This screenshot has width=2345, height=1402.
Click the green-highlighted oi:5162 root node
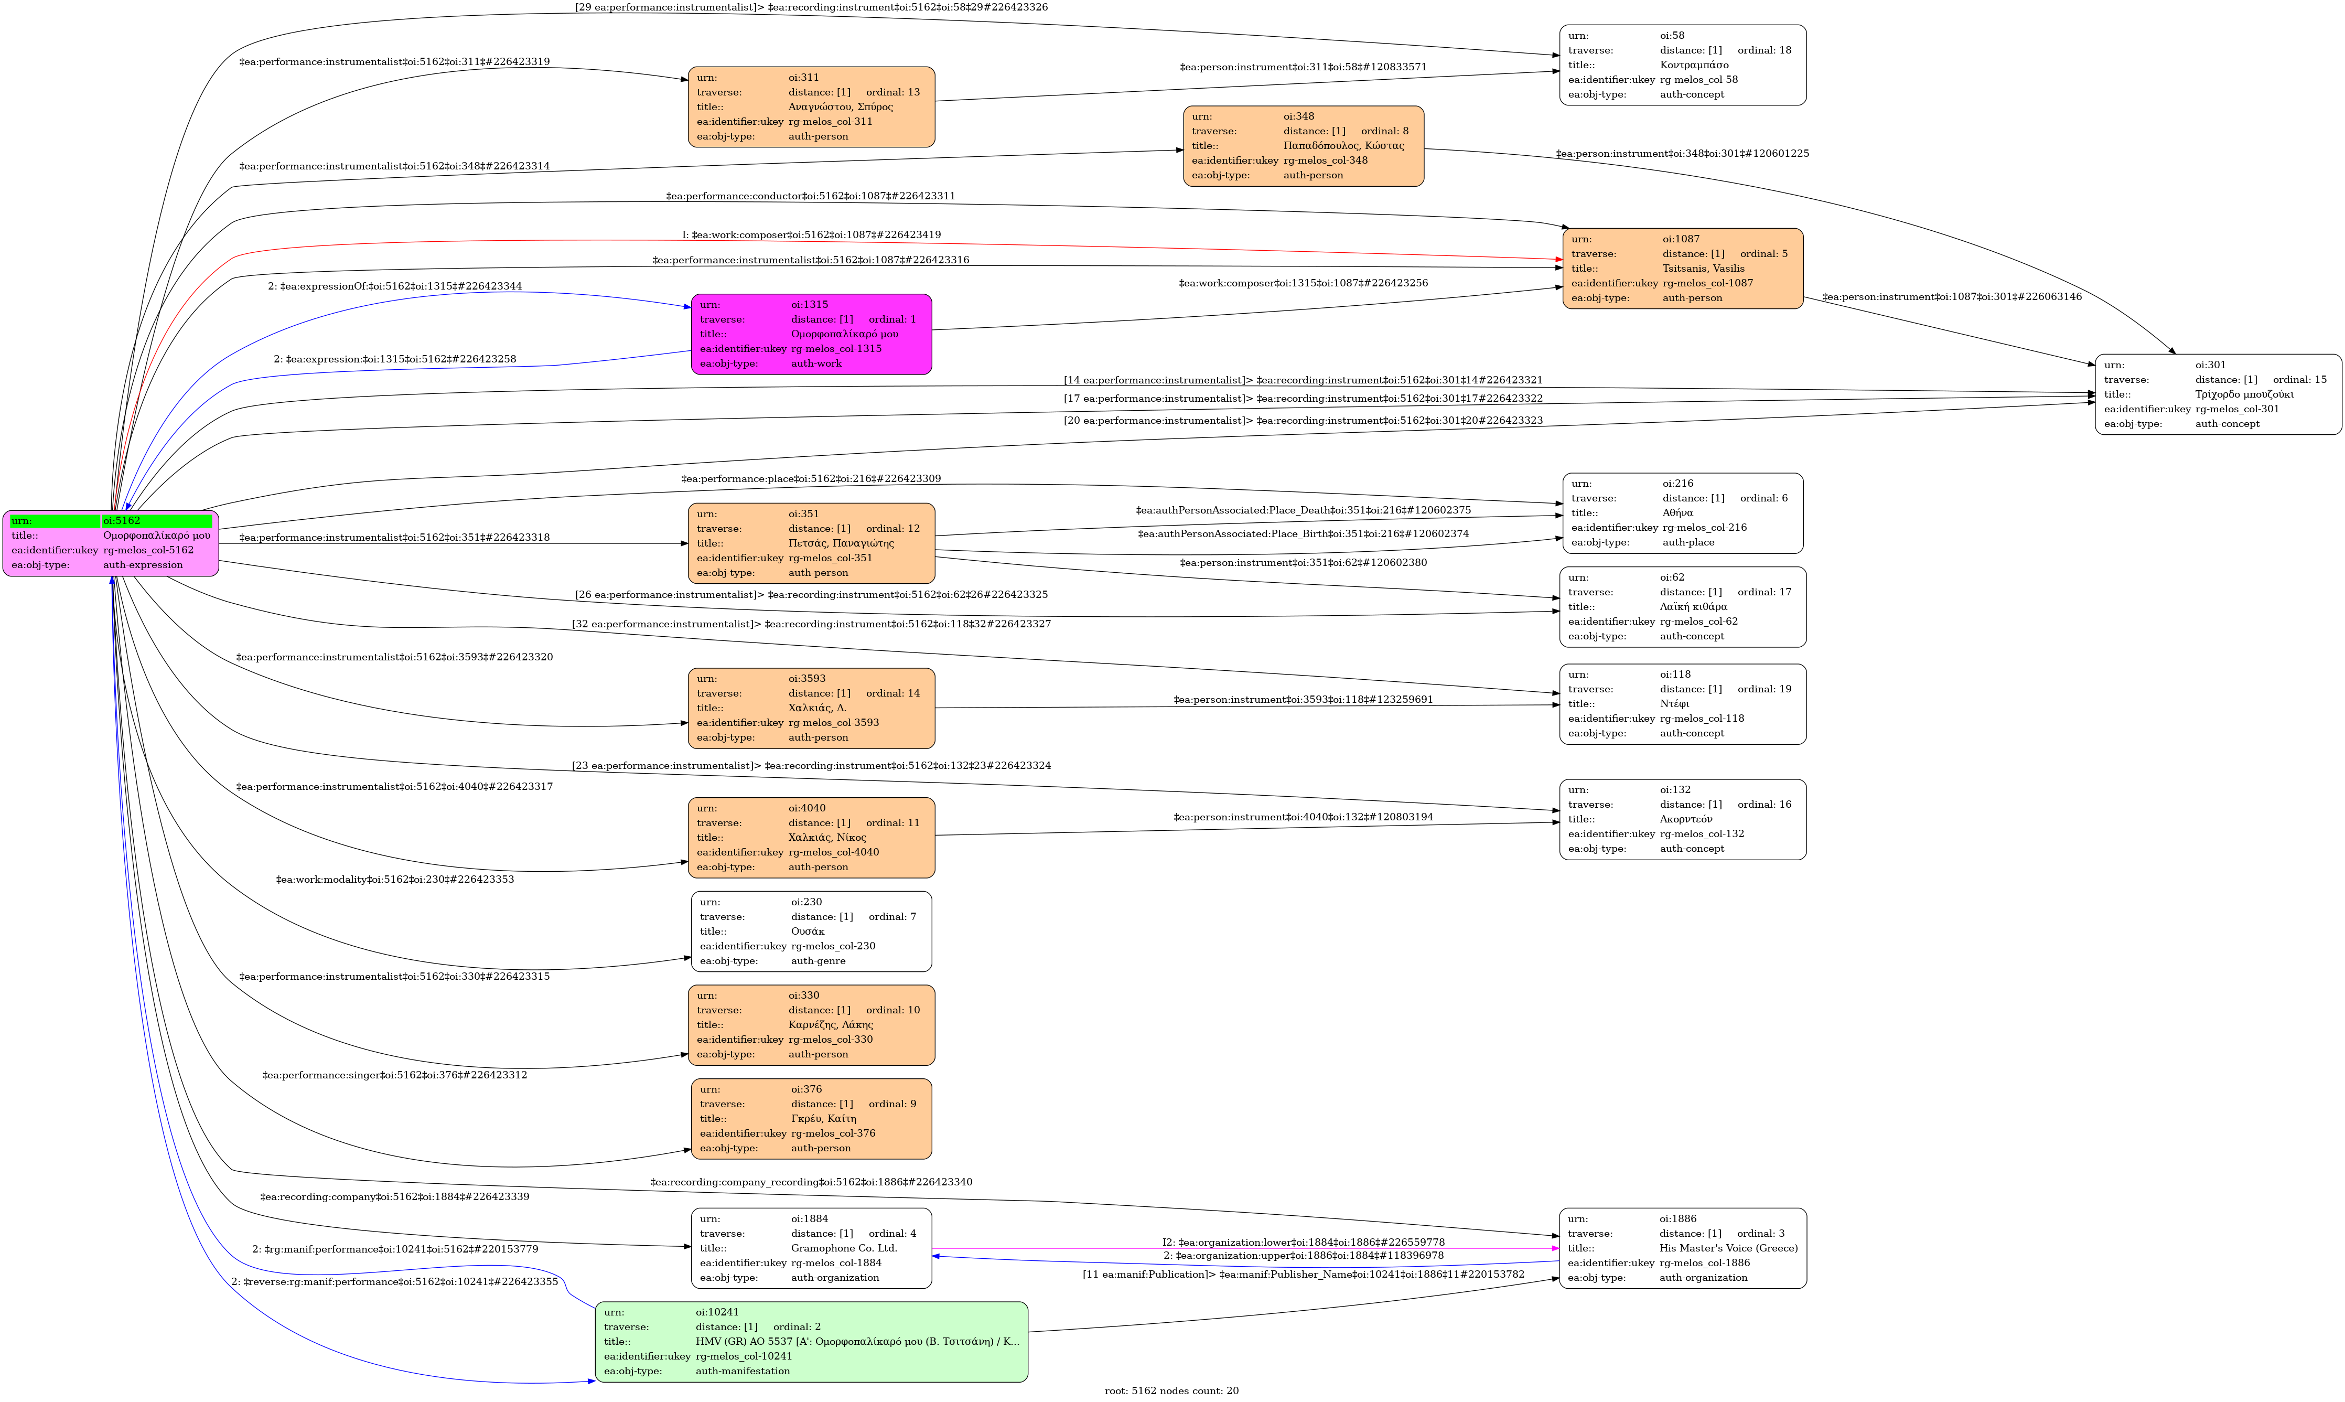111,543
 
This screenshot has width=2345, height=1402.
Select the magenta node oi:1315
811,335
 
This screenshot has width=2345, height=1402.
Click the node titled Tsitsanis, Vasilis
1682,269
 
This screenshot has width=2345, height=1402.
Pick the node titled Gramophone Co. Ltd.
811,1248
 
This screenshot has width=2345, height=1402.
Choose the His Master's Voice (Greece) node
1682,1248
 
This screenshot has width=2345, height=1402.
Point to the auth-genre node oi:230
811,932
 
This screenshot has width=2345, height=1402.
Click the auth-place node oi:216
1682,513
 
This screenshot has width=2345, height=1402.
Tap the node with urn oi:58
1682,65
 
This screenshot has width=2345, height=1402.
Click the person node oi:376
811,1119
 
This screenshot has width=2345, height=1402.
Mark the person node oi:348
1303,146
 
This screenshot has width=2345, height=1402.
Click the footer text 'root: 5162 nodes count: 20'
1171,1390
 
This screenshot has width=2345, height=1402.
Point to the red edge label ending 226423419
811,234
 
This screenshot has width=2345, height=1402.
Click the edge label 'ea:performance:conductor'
810,197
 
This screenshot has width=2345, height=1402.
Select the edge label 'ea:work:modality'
395,880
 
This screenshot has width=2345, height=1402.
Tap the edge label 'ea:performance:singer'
395,1075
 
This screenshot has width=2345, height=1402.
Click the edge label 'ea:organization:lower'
1303,1243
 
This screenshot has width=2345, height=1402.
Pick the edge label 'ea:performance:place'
810,479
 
